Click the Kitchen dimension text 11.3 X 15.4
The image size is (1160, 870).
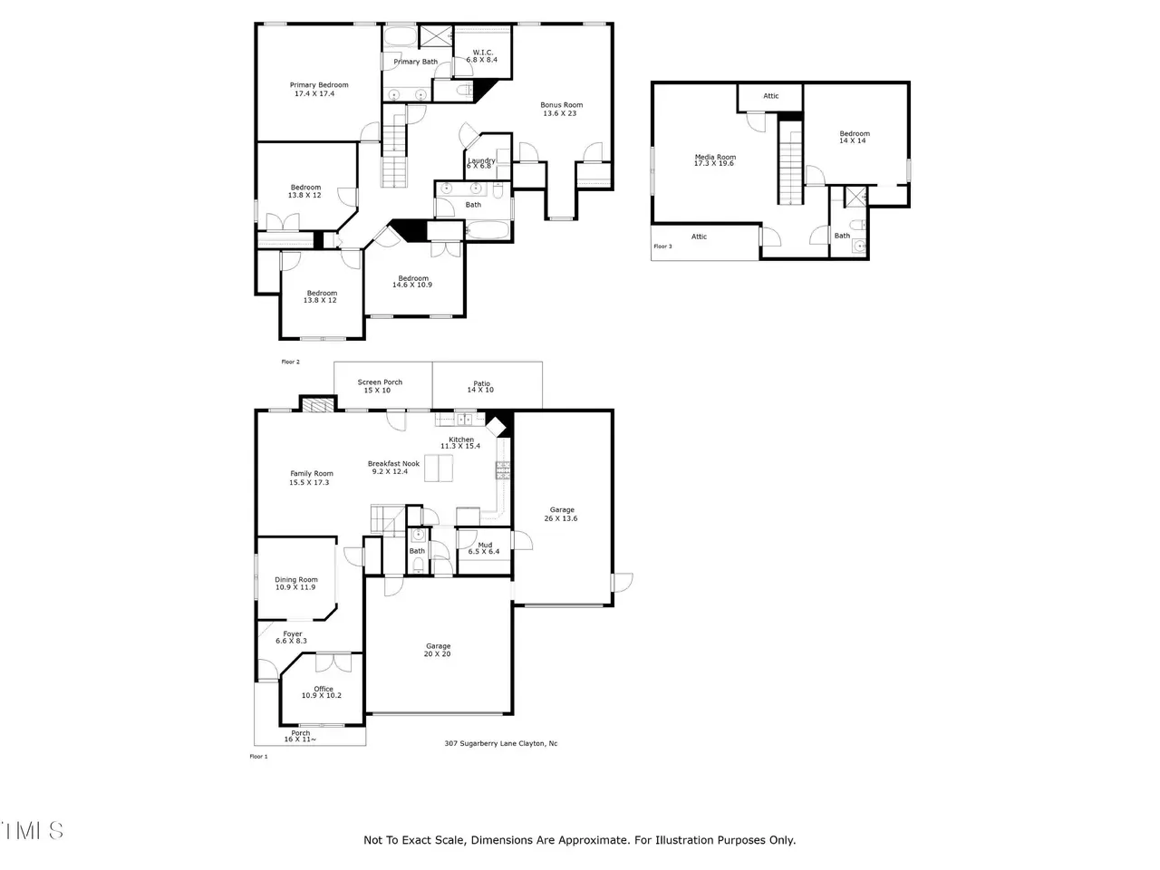click(460, 446)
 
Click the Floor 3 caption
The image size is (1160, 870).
click(662, 246)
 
